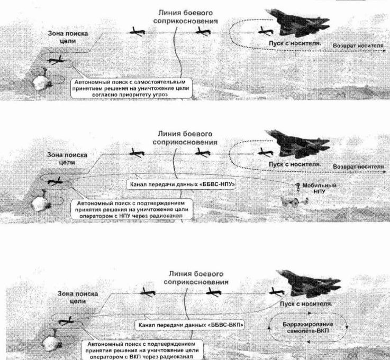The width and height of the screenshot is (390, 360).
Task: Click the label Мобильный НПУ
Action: coord(320,188)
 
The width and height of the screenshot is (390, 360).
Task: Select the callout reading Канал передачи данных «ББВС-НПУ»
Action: coord(181,185)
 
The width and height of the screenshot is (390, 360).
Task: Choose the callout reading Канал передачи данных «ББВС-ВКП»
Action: coord(189,325)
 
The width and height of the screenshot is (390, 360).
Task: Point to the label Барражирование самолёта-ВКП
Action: coord(307,327)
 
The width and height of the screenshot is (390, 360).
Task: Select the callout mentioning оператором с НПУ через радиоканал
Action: coord(132,209)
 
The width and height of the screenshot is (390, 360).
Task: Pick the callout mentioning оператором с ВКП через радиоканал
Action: coord(142,350)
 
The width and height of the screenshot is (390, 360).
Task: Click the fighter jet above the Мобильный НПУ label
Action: coord(298,144)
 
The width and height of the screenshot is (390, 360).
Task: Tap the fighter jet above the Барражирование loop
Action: coord(309,283)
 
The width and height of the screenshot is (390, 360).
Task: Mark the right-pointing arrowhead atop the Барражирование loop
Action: coord(310,313)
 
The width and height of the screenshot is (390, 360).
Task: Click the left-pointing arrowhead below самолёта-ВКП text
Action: coord(309,342)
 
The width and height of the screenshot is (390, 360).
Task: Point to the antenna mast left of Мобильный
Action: coord(297,188)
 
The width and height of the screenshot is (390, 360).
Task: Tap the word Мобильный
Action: coord(320,186)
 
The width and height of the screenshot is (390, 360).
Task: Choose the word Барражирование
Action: coord(307,325)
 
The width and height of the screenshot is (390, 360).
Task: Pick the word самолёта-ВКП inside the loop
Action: coord(307,331)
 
